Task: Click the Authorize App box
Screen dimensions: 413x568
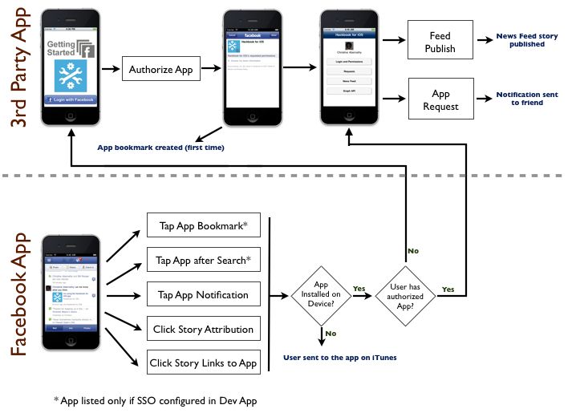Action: click(161, 70)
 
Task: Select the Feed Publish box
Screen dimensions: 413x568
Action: click(440, 43)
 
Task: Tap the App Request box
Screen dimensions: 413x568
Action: click(440, 99)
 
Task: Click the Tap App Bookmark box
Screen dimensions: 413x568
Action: click(203, 226)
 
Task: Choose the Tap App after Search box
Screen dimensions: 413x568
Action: click(203, 261)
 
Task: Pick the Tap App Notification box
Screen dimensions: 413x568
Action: click(203, 294)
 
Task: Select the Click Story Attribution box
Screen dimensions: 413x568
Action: click(203, 329)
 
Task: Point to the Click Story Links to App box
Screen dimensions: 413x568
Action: click(203, 363)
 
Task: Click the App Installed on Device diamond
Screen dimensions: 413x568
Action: click(321, 295)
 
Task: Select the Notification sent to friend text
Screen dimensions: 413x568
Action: click(527, 99)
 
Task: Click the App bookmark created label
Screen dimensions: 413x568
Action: click(160, 148)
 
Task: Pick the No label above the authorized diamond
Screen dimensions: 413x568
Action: click(414, 250)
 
